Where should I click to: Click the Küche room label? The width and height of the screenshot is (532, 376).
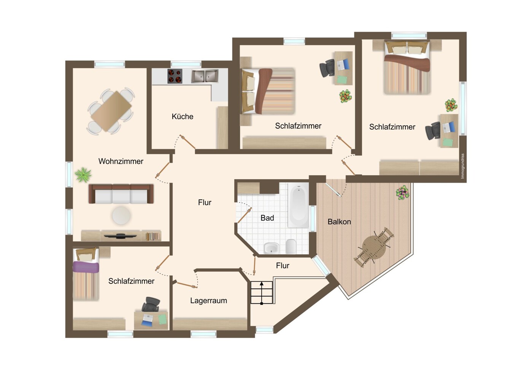pos(183,116)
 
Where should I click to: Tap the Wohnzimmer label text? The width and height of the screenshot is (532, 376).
pos(121,161)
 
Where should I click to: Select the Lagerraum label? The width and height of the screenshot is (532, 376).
pos(208,301)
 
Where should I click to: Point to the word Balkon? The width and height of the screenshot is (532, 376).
pos(339,222)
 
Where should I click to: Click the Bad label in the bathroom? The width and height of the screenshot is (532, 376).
pos(267,218)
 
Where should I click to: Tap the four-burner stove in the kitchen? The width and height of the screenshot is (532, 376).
pos(175,76)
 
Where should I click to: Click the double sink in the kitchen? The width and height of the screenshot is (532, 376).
pos(205,76)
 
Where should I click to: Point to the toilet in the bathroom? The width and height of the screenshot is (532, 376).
pos(291,247)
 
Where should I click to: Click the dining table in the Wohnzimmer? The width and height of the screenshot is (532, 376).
pos(111,111)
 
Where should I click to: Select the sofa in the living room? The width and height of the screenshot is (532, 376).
pos(121,194)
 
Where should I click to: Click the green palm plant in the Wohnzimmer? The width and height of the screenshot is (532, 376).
pos(83,175)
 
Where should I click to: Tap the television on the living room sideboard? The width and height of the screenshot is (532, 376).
pos(121,236)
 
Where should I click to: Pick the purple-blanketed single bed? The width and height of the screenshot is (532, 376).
pos(86,274)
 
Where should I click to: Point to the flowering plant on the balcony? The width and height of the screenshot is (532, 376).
pos(402,192)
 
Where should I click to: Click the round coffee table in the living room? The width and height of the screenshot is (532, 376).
pos(121,215)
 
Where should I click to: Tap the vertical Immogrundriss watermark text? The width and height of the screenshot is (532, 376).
pos(462,166)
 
